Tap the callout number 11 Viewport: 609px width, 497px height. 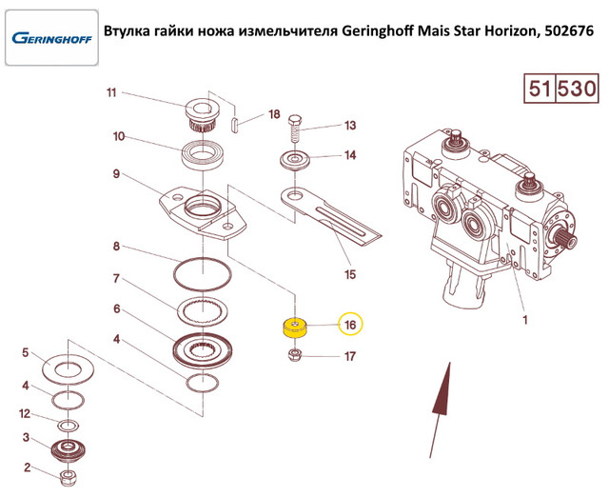pyautogui.click(x=111, y=93)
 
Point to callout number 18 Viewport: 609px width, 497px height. pyautogui.click(x=274, y=115)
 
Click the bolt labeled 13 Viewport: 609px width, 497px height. pyautogui.click(x=292, y=125)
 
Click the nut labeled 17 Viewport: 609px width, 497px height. pyautogui.click(x=296, y=358)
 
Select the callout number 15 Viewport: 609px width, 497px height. pyautogui.click(x=349, y=275)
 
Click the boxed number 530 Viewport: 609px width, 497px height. pyautogui.click(x=576, y=90)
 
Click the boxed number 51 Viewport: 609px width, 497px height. pyautogui.click(x=540, y=90)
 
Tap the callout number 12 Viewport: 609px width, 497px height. pyautogui.click(x=26, y=413)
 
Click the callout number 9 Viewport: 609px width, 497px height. pyautogui.click(x=116, y=174)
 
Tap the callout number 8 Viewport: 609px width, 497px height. pyautogui.click(x=116, y=248)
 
